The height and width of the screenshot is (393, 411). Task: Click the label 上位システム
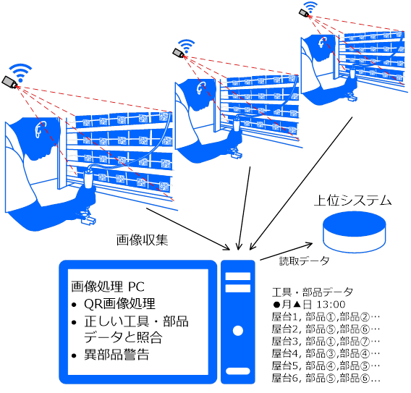[x=352, y=200]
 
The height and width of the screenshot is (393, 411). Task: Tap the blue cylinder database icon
[x=355, y=232]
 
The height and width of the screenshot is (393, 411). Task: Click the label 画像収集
[x=142, y=240]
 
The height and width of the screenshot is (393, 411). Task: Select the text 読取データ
[x=304, y=261]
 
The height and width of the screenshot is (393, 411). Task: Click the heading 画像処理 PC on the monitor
[x=108, y=287]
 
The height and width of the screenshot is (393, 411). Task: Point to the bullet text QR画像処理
[x=119, y=303]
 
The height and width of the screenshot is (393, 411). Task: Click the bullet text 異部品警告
[x=116, y=355]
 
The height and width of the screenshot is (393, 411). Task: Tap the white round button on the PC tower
[x=238, y=331]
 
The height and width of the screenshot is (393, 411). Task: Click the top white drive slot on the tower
[x=238, y=276]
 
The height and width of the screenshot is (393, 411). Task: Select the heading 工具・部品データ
[x=313, y=292]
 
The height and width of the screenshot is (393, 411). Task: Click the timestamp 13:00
[x=331, y=305]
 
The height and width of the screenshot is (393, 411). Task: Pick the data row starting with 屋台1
[x=326, y=317]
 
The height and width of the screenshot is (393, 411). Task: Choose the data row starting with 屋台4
[x=326, y=353]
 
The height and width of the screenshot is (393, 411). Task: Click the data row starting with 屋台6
[x=326, y=378]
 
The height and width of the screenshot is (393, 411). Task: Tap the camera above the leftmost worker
[x=10, y=82]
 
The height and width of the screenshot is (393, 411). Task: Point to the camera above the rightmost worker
[x=305, y=13]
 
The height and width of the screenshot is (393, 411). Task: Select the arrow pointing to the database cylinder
[x=286, y=252]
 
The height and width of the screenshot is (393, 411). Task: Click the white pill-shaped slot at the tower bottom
[x=238, y=371]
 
